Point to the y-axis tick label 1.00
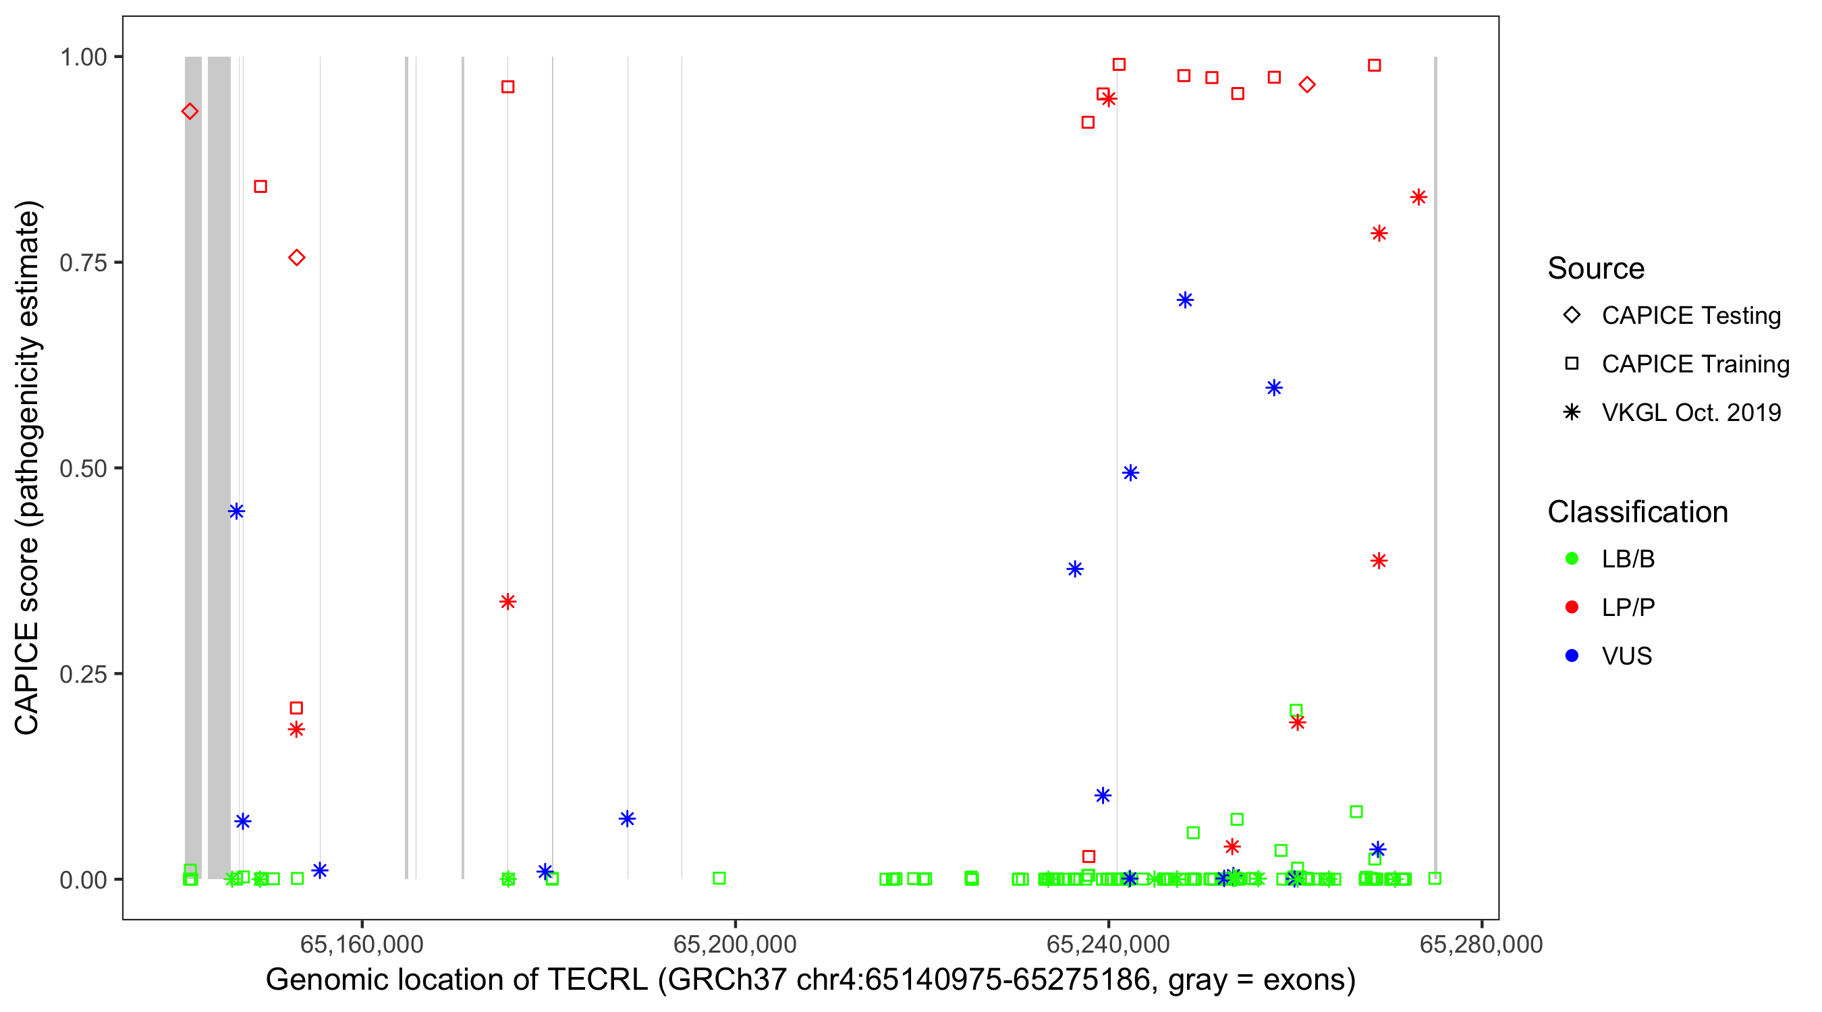83,57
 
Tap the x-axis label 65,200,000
735,943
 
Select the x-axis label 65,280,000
1481,943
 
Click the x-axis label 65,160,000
362,943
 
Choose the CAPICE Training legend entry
1694,364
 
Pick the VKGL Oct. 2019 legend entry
1690,412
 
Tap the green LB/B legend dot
1572,559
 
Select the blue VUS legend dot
1572,656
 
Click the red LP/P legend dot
1572,607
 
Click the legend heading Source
1596,269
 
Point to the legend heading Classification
1637,512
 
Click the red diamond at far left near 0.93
190,112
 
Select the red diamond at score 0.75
297,258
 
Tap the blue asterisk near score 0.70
1186,300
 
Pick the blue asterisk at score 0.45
237,511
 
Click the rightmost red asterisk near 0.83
1418,197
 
